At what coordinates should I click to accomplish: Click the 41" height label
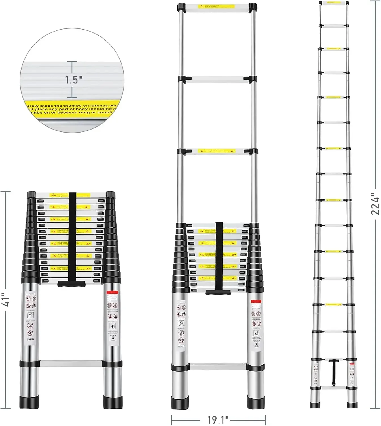pyautogui.click(x=6, y=299)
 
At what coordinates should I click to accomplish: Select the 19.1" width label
pyautogui.click(x=218, y=419)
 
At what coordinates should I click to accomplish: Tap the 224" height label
pyautogui.click(x=375, y=204)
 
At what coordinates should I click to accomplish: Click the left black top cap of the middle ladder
pyautogui.click(x=182, y=7)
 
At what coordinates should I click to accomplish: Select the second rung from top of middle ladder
pyautogui.click(x=217, y=79)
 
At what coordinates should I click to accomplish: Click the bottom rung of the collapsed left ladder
pyautogui.click(x=71, y=364)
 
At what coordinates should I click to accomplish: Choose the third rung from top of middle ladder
pyautogui.click(x=217, y=151)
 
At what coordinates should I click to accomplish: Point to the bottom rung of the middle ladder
pyautogui.click(x=218, y=367)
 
